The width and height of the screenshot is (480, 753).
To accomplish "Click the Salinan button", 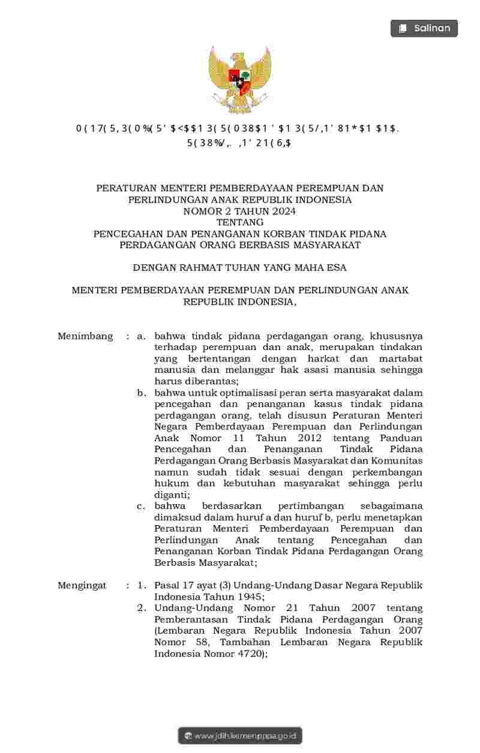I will pos(424,28).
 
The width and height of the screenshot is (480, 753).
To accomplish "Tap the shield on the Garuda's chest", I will pos(240,82).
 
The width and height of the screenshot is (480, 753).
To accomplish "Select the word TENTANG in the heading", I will pos(240,222).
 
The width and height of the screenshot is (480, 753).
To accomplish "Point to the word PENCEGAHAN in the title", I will pos(125,233).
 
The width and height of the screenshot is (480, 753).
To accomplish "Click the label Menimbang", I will pos(85,336).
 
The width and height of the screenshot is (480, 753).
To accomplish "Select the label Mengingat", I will pos(82,585).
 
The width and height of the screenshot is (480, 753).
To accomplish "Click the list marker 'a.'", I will pos(142,336).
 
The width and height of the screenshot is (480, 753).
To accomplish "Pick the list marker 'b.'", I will pos(142,393).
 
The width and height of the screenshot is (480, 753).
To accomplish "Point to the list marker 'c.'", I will pos(142,506).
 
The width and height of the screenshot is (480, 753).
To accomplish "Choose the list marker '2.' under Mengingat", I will pos(142,608).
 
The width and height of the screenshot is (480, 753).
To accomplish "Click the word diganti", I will pos(171,495).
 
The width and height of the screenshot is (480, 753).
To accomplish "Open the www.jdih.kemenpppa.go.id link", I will pos(240,736).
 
